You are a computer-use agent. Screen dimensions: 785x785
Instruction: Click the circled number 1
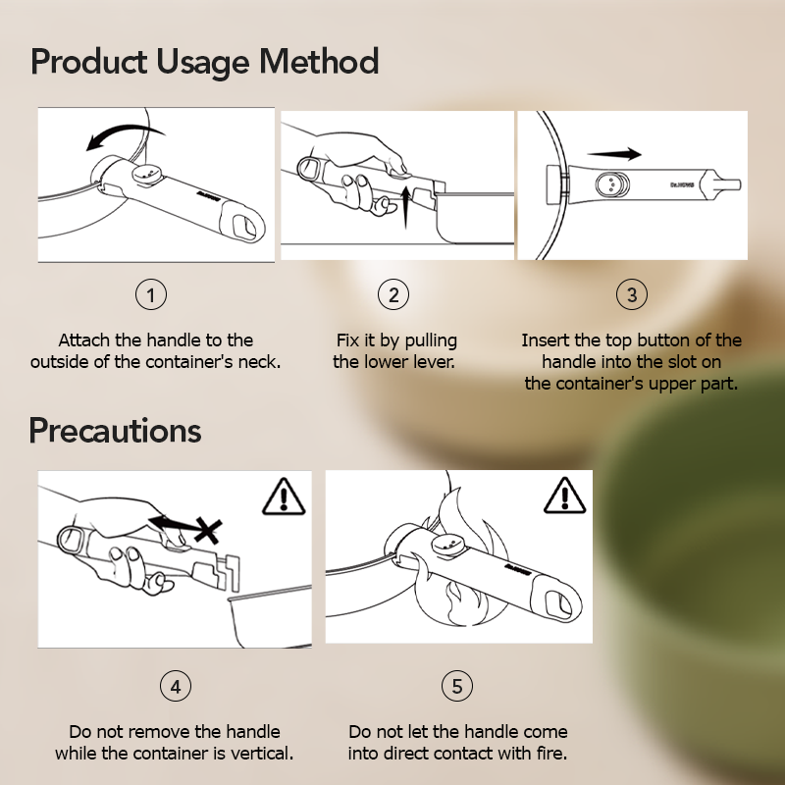click(x=151, y=294)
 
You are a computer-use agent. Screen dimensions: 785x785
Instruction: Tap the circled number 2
click(x=393, y=294)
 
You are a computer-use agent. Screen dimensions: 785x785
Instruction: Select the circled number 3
click(x=632, y=294)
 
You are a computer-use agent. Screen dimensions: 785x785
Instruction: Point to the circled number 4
click(x=176, y=686)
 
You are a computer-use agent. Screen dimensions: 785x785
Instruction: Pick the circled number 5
click(x=457, y=685)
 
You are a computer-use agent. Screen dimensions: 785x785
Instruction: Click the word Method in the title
click(x=319, y=62)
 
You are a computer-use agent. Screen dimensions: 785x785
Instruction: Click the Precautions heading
click(x=115, y=431)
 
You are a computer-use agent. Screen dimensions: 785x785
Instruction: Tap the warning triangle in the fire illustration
click(x=565, y=496)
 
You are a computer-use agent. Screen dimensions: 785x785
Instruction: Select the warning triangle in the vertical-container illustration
click(x=284, y=497)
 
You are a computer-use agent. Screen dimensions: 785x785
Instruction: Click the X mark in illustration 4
click(x=208, y=530)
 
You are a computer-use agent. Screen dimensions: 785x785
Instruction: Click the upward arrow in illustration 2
click(x=406, y=206)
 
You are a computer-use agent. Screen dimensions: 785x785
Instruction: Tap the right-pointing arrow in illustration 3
click(x=614, y=154)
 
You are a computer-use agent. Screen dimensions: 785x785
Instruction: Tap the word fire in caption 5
click(x=551, y=753)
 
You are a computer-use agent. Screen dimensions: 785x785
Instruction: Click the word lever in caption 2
click(x=436, y=361)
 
